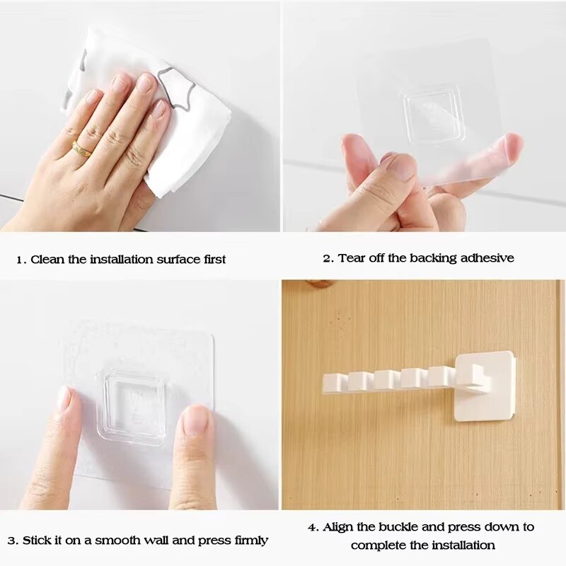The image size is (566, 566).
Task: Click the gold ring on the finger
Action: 82,149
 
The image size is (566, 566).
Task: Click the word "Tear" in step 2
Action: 352,258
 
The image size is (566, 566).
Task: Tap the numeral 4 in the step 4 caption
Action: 311,527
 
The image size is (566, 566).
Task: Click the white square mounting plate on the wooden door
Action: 486,386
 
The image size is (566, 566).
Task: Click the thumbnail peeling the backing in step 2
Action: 401,166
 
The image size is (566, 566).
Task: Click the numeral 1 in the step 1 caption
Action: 20,260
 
